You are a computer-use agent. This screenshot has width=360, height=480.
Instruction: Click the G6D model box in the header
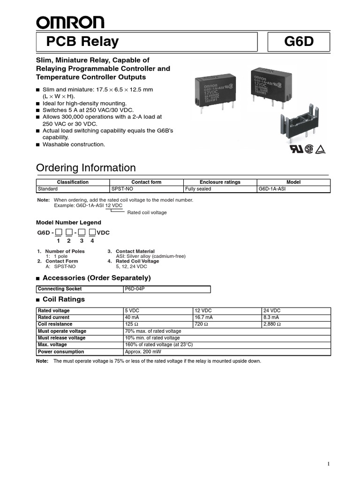click(298, 43)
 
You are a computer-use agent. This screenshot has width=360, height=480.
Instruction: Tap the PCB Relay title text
click(82, 42)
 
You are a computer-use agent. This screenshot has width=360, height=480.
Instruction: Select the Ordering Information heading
click(86, 168)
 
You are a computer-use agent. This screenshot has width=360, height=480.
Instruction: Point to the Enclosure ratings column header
click(220, 182)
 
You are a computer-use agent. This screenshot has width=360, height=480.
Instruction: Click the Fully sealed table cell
click(198, 189)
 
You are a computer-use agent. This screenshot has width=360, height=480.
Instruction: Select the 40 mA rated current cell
click(132, 317)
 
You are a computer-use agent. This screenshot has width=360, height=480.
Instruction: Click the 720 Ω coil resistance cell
click(201, 324)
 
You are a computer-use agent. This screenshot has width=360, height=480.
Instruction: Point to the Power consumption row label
click(61, 352)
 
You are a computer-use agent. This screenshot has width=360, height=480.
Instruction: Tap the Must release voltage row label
click(62, 338)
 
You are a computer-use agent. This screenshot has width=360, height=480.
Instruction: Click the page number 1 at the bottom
click(329, 464)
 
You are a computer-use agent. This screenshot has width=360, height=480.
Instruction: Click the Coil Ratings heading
click(64, 299)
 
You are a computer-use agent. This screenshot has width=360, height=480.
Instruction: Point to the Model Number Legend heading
click(68, 222)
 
